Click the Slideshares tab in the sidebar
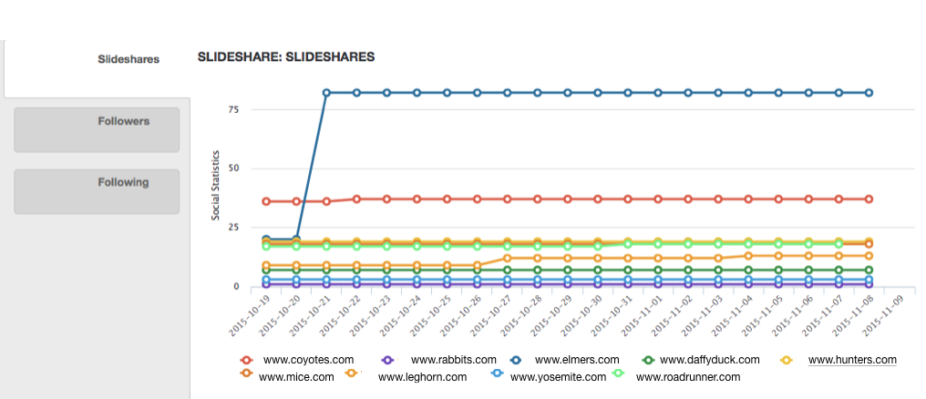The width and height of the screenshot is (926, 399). coord(129,59)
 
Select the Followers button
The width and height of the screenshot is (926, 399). coord(124,121)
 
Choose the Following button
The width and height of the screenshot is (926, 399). coord(124,182)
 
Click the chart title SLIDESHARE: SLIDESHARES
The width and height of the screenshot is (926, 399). coord(286,57)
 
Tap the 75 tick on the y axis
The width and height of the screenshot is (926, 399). coord(233,109)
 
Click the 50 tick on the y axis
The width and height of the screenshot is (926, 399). coord(233,169)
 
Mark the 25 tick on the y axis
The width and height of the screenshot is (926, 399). coord(233,228)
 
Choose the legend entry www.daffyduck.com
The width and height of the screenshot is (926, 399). coord(708,361)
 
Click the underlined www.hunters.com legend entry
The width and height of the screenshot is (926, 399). coord(852,361)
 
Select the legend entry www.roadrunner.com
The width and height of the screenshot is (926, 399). coord(688,377)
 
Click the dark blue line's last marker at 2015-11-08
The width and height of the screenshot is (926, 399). coord(869,93)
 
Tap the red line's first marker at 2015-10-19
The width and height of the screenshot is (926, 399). coord(266,201)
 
